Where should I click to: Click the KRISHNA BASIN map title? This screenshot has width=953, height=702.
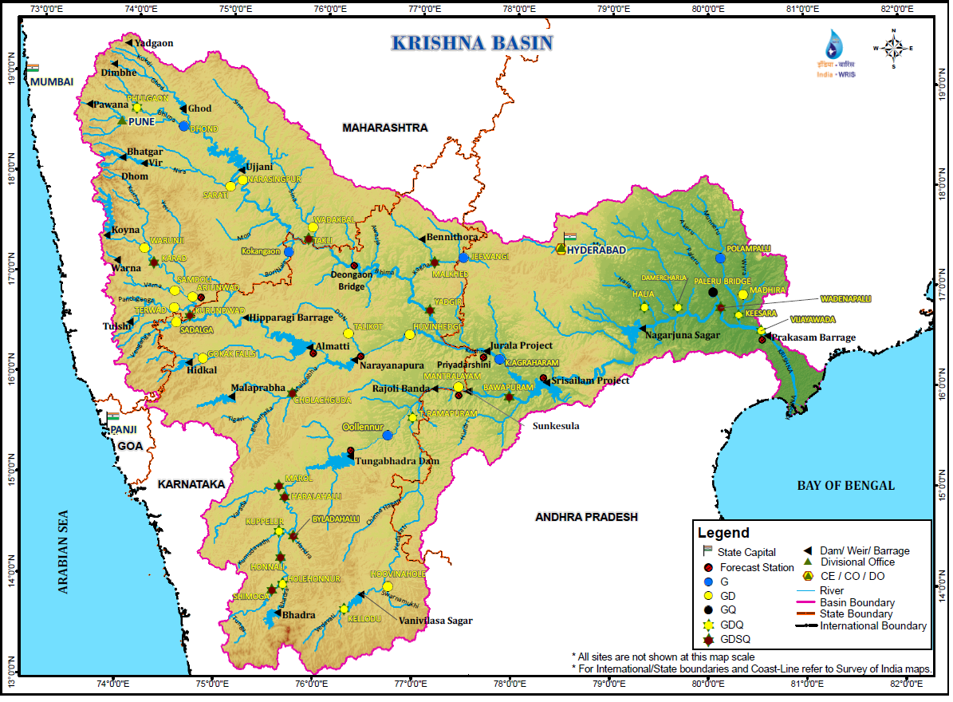(x=471, y=43)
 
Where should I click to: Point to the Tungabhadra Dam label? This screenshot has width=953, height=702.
(x=397, y=461)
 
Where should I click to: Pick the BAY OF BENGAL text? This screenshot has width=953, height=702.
(x=845, y=485)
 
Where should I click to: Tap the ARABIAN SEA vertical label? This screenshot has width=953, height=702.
(x=65, y=551)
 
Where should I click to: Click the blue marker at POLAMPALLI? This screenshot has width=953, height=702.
(x=720, y=258)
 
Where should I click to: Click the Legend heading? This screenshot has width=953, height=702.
(x=723, y=533)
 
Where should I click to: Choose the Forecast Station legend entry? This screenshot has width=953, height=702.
(x=756, y=568)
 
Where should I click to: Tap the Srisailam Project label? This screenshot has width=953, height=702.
(x=589, y=381)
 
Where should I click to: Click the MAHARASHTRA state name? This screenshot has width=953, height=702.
(x=384, y=128)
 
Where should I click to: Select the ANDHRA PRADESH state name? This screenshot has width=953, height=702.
(x=586, y=517)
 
